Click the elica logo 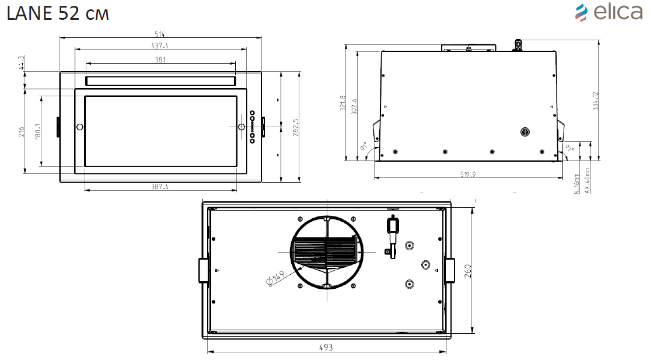609,12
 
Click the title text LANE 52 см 57,14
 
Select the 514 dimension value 160,34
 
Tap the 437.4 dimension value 160,46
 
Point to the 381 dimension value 160,60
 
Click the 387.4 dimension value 160,187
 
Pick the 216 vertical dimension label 21,132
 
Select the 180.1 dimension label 38,132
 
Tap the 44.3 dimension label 21,63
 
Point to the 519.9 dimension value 469,175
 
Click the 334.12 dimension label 595,101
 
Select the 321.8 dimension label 343,104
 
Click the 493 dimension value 326,348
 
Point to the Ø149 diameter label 275,279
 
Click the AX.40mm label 588,181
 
